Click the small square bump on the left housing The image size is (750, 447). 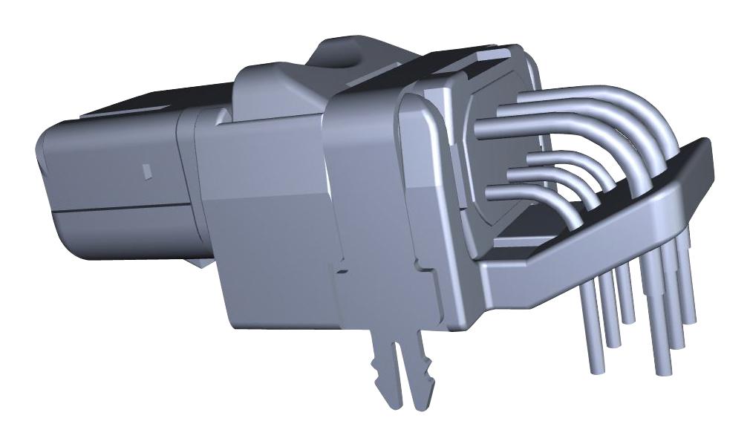tap(147, 171)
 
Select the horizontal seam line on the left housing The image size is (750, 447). tap(119, 210)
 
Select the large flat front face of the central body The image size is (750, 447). tap(267, 223)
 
